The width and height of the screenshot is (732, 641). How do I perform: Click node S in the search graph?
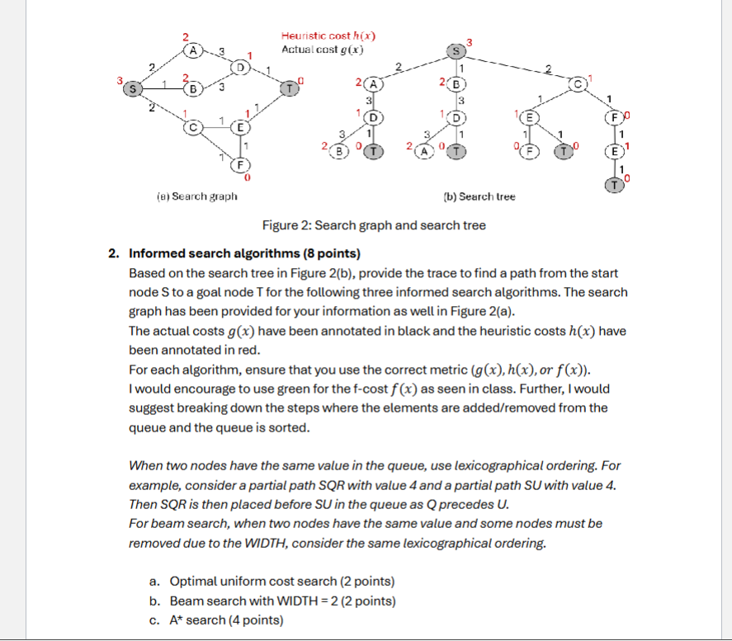132,86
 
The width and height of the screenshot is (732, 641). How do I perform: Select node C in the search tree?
581,84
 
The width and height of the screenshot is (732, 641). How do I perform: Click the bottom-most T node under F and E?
614,185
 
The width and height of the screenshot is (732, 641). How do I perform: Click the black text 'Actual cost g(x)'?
323,49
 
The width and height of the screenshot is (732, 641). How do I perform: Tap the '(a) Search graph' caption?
196,196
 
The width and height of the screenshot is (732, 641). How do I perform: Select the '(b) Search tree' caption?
479,196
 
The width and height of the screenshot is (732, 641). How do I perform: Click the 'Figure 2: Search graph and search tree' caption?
374,225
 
